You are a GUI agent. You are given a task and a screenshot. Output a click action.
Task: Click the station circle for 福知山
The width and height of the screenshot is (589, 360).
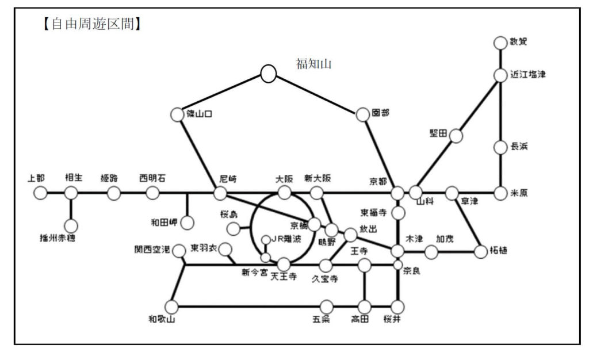268,73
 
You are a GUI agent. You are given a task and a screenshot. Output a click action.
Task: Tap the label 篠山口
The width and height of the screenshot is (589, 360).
200,114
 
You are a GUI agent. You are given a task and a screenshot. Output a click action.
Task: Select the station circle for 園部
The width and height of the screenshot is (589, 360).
362,114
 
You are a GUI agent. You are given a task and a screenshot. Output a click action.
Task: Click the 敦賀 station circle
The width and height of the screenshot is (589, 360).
500,43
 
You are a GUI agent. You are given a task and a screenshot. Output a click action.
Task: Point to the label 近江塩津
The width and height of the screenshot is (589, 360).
527,75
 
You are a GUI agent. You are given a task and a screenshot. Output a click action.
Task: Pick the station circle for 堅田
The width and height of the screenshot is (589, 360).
456,136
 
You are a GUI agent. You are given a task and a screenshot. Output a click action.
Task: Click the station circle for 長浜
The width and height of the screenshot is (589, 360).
500,147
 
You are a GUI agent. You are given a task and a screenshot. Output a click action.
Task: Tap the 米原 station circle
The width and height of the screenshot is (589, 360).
500,193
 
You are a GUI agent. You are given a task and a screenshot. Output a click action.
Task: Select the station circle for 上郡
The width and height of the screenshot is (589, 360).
40,193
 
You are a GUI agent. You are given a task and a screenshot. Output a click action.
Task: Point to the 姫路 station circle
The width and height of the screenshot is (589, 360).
114,193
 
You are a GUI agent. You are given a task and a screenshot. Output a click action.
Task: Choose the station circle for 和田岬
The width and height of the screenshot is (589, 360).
187,223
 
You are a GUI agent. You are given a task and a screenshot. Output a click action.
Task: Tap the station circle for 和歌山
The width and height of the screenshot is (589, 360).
170,307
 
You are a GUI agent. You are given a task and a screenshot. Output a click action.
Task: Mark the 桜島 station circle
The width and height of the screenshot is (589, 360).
234,229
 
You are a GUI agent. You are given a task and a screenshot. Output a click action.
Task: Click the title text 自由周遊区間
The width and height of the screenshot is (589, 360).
93,25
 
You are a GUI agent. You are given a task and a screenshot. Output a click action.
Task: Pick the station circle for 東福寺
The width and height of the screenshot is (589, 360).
398,213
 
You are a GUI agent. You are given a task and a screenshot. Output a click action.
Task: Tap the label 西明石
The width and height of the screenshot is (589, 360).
152,178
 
